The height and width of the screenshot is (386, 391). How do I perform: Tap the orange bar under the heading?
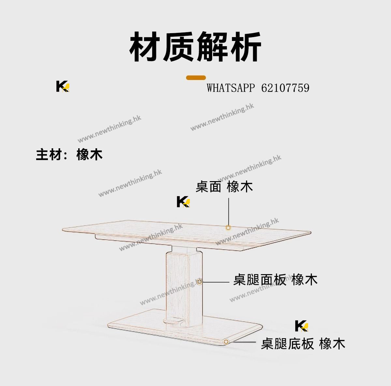[x=196, y=78]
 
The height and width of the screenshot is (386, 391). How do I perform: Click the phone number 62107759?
[x=285, y=88]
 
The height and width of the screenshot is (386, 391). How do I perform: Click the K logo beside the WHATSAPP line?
[x=63, y=87]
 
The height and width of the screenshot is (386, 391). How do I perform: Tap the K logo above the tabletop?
[x=183, y=202]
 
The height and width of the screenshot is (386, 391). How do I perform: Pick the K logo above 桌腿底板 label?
[x=301, y=326]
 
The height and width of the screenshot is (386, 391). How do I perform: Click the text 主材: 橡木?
[x=69, y=154]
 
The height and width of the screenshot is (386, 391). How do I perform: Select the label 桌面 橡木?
[x=224, y=187]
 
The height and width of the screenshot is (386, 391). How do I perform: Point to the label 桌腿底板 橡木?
[x=303, y=344]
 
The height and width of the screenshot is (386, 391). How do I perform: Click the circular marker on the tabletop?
[x=228, y=228]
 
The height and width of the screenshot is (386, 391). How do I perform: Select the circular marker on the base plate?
[x=225, y=342]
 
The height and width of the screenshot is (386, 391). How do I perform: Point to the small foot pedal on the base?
[x=173, y=321]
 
